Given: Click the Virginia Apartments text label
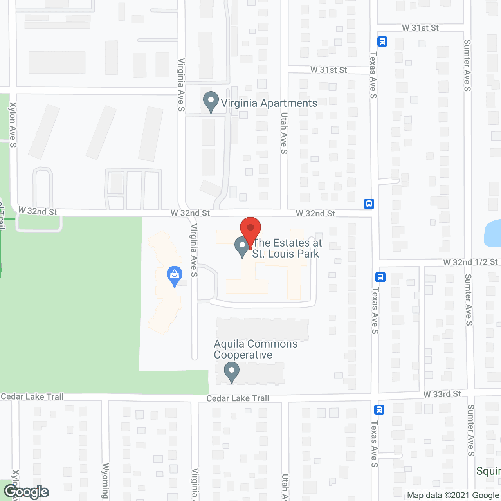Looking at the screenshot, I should (x=269, y=103).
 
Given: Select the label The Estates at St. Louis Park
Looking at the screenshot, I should (x=287, y=248).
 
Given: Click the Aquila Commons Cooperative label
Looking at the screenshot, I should (x=256, y=349).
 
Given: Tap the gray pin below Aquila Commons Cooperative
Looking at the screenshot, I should (x=231, y=371).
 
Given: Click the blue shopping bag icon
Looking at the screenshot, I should (x=175, y=276).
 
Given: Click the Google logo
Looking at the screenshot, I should (x=26, y=492).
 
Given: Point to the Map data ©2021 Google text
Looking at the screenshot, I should (x=453, y=495).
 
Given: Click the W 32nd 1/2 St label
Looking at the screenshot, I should (x=470, y=262).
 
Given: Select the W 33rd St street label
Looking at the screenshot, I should (x=442, y=394).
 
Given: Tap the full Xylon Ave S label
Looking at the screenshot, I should (x=13, y=125).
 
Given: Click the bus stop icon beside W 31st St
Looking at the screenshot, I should (x=382, y=41).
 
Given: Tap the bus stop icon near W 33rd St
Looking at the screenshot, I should (x=379, y=410).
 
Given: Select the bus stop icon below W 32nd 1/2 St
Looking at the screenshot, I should (x=380, y=277).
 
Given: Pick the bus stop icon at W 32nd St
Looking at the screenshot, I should (x=369, y=204).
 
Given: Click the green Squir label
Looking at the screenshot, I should (x=488, y=471).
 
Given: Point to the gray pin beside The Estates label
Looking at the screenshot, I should (x=242, y=246).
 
